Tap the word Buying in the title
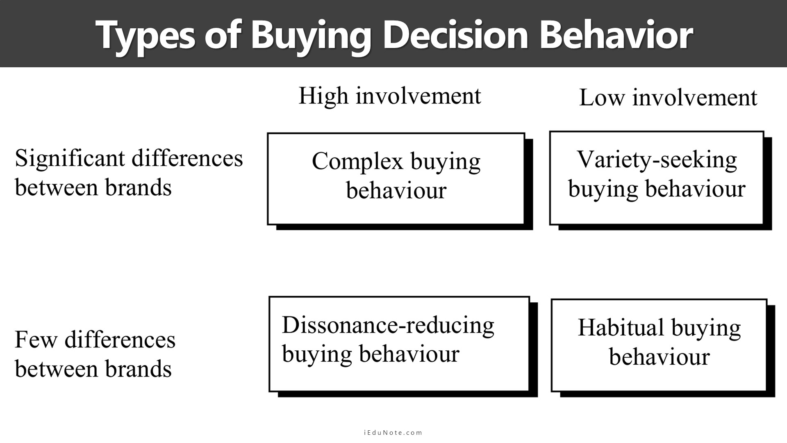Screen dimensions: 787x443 tap(311, 35)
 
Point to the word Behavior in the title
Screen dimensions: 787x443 tap(616, 34)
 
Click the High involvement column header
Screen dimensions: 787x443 tap(389, 96)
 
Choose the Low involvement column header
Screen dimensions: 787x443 tap(668, 98)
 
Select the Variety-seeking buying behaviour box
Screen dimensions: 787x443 tap(660, 180)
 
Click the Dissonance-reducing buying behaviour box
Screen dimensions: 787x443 tap(403, 347)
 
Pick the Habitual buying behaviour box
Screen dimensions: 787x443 tap(663, 348)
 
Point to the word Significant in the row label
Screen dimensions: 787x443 tap(70, 158)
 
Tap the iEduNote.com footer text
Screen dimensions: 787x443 tap(393, 432)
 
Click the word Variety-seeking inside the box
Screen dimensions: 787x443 tap(657, 160)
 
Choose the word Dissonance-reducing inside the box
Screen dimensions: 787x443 tap(388, 326)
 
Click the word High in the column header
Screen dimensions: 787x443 tap(323, 96)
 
